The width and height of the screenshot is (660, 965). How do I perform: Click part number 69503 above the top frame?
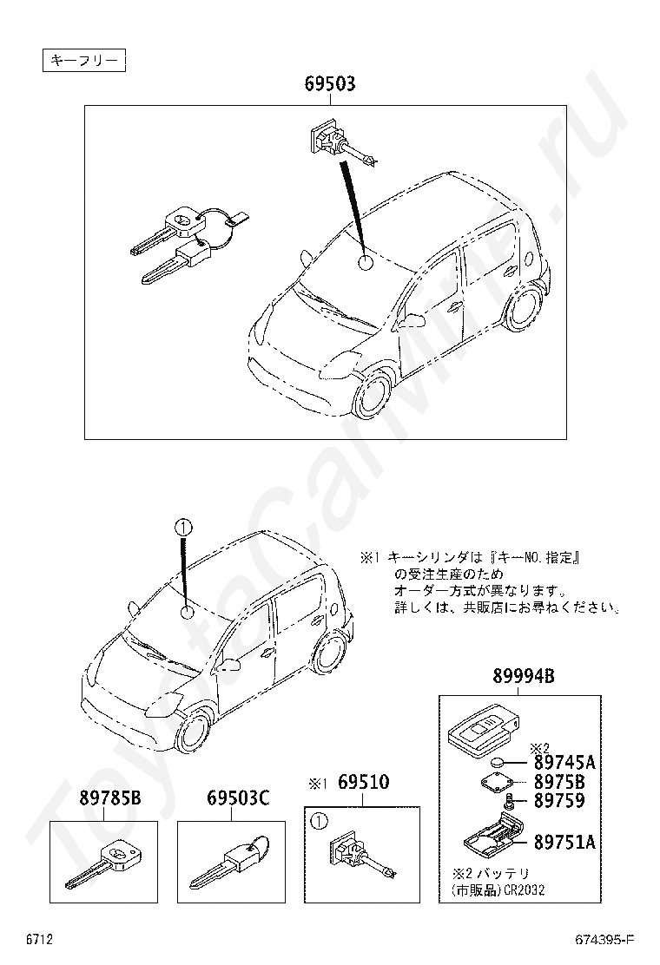[x=329, y=84]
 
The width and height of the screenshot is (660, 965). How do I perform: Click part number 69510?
[x=363, y=783]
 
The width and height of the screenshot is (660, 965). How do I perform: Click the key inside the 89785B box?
[x=102, y=864]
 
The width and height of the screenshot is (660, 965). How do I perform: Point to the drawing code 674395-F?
[x=604, y=941]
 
